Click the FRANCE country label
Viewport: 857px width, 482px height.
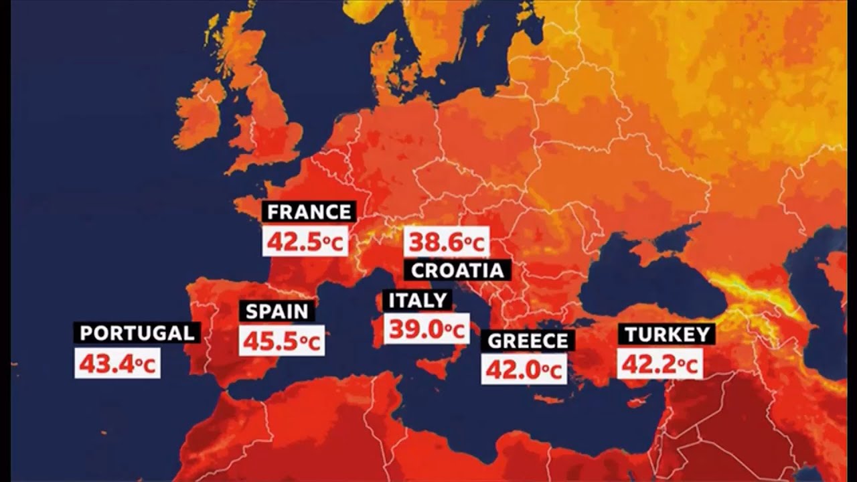[309, 212]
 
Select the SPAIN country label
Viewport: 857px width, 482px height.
[277, 311]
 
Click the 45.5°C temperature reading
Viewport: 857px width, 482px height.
[281, 341]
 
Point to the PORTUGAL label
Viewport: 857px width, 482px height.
[137, 333]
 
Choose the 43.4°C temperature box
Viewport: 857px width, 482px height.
[117, 364]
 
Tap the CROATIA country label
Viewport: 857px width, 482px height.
[457, 270]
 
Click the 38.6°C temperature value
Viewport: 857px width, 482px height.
[446, 242]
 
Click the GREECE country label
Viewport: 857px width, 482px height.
[528, 340]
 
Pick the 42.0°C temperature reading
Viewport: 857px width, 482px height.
[524, 370]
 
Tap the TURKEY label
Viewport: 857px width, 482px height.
[667, 334]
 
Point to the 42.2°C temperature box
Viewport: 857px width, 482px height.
[659, 364]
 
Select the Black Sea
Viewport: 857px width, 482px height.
[643, 274]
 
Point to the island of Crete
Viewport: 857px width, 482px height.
[549, 400]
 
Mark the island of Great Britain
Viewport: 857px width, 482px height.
[268, 127]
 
